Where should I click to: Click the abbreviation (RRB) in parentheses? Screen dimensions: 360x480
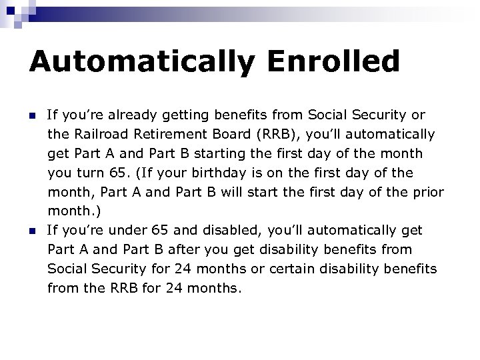268,135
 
